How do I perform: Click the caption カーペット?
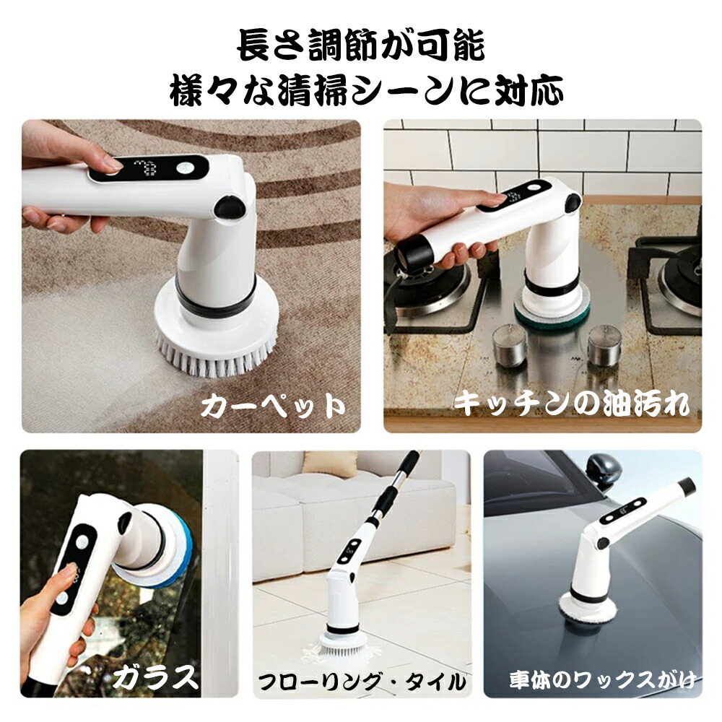click(273, 406)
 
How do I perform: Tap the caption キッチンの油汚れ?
click(572, 404)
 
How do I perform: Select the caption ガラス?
click(155, 677)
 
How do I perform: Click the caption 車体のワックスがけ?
click(603, 680)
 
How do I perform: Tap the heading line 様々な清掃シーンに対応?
click(367, 90)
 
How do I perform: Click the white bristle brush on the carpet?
click(217, 352)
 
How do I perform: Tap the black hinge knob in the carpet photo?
click(230, 206)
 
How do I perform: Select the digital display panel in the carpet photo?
click(148, 168)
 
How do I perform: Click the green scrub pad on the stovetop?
click(552, 317)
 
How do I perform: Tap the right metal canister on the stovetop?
click(604, 345)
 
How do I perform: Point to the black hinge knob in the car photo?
click(602, 543)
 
